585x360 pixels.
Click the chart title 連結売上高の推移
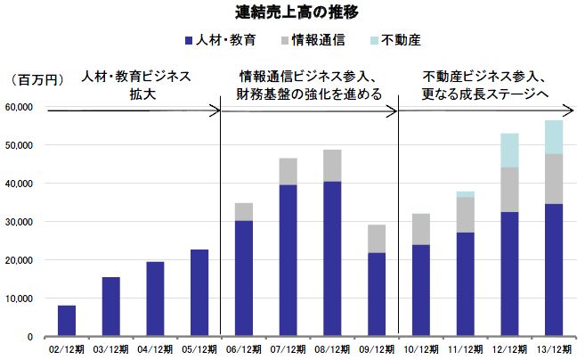292,12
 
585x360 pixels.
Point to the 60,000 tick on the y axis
20,107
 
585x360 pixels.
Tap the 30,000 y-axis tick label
20,222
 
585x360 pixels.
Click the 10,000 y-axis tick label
20,299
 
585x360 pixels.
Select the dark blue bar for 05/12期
199,293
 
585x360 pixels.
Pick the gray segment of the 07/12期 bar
288,171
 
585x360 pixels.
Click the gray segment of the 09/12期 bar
377,239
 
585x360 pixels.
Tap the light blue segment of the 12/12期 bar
509,150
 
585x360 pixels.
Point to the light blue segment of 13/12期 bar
553,137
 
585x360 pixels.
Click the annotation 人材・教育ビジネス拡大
135,85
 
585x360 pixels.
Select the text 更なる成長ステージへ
485,94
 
